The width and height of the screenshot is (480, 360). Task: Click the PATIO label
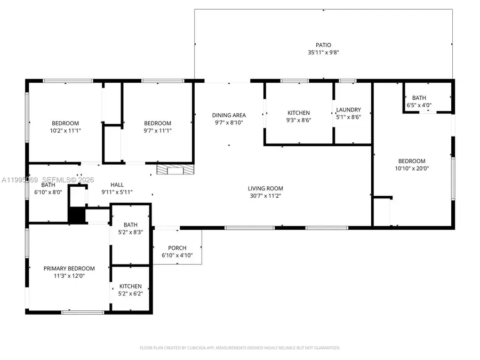[323, 45]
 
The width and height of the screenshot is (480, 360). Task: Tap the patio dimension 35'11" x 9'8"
[323, 52]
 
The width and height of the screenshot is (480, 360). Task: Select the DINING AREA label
[229, 115]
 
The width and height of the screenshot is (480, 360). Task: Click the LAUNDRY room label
[348, 110]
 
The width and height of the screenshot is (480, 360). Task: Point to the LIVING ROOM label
[265, 188]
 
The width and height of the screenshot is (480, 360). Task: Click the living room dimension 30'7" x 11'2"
[265, 196]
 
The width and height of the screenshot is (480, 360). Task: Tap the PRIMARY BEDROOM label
[69, 268]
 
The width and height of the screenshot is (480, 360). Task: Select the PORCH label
[177, 248]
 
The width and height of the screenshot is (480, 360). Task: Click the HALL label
[117, 185]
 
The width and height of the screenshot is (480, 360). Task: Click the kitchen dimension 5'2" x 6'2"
[131, 293]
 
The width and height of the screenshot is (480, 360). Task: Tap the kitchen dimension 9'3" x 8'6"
[299, 121]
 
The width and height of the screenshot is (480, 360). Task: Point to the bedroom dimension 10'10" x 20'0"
[412, 169]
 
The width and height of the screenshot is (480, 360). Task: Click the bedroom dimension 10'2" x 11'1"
[65, 130]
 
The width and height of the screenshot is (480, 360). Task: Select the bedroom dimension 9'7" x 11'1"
[157, 130]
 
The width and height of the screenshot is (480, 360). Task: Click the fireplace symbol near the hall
[175, 170]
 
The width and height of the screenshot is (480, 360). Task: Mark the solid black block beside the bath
[76, 216]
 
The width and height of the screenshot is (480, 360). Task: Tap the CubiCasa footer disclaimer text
[239, 348]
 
